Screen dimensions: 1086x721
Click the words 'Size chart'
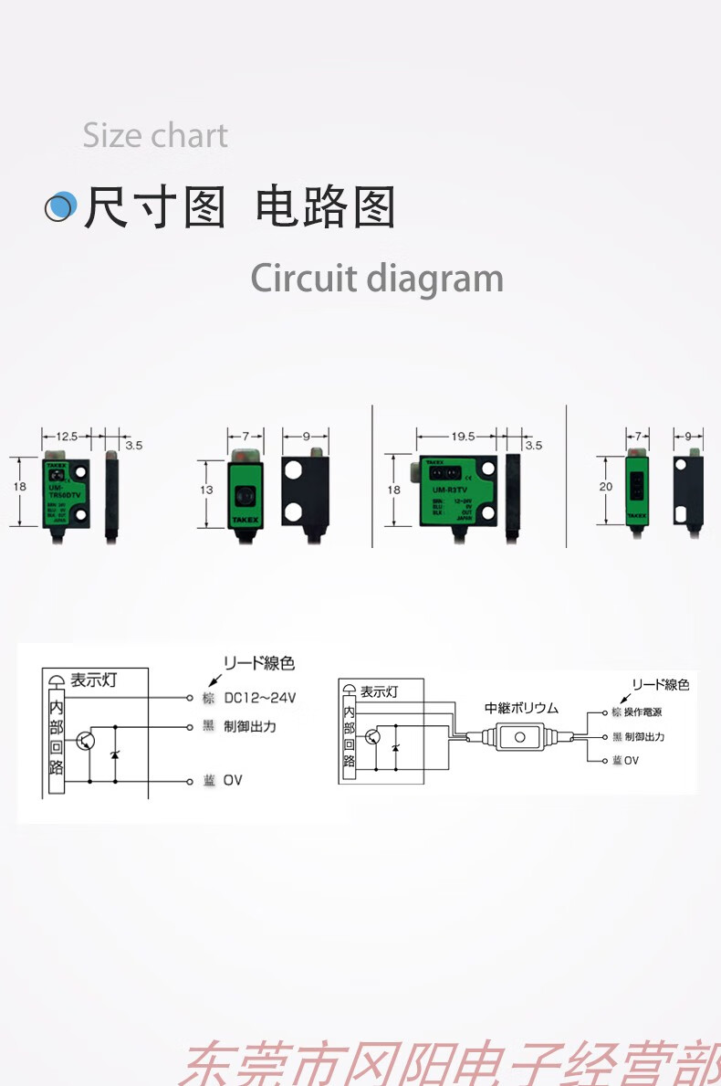coord(155,136)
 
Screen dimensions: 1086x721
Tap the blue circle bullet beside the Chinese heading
coord(60,206)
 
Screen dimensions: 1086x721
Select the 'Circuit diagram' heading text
coord(377,279)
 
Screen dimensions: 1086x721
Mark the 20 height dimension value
coord(605,487)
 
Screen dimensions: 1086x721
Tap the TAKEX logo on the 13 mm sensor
coord(245,518)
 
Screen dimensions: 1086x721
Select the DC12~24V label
coord(260,699)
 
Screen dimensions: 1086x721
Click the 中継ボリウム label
coord(521,708)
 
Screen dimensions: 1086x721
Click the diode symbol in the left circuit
coord(115,754)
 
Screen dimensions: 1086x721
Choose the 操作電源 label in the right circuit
coord(643,712)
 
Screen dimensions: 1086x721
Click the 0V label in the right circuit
coord(632,760)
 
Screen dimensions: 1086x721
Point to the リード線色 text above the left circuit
coord(259,663)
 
